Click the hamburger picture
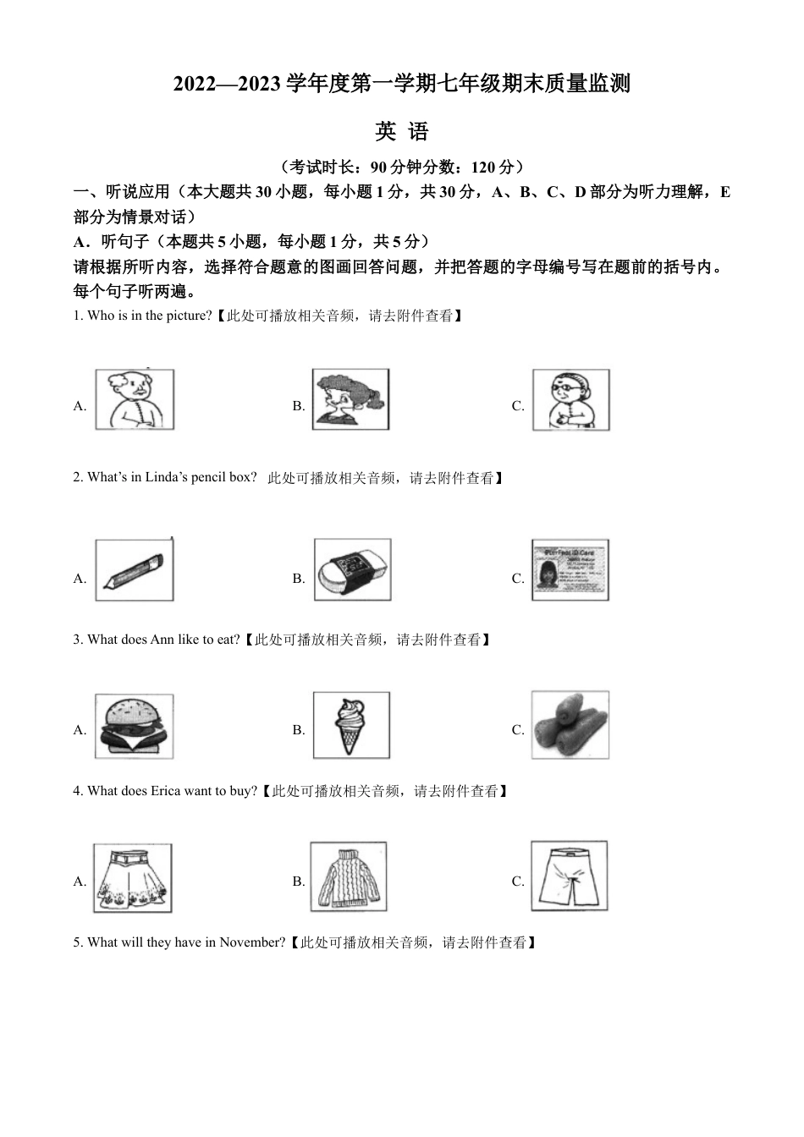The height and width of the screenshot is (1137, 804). coord(134,727)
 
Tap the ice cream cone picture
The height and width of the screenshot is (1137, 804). coord(352,726)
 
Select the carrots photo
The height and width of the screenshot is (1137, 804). coord(570,725)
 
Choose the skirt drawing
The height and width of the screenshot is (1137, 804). coord(132,877)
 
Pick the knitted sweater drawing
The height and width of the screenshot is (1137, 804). coord(348,876)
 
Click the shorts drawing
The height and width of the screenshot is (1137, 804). coord(569,876)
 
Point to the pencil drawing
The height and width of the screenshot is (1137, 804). coord(134,570)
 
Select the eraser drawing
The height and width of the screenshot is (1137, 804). coord(352,569)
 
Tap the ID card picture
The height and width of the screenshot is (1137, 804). coord(570,569)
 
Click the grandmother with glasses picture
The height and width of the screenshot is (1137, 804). coord(570,399)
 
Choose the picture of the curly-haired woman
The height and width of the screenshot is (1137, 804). coord(350,399)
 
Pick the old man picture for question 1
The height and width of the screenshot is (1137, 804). coord(135,399)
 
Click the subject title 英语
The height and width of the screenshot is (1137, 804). coord(402,131)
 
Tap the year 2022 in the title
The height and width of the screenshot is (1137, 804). coord(195,84)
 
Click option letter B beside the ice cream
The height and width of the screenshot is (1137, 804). coord(299,730)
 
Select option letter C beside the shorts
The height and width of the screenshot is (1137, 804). coord(518,882)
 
